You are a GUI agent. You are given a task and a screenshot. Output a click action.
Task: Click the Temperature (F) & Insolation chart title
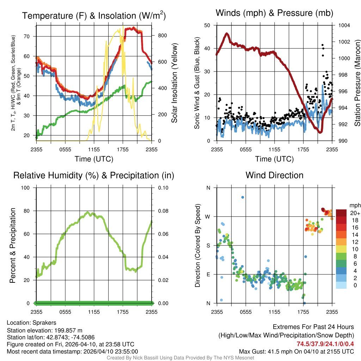[94, 16]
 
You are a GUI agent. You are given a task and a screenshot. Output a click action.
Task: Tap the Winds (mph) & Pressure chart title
[274, 13]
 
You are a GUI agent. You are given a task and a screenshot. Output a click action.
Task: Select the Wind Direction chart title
[274, 175]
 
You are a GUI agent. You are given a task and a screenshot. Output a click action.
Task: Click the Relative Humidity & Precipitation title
[94, 175]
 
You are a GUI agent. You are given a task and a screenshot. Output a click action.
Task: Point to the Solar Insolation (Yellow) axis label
[175, 83]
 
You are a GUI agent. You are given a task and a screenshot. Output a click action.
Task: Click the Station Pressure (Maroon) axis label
[357, 83]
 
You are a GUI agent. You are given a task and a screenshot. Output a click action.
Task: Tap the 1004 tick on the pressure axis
[344, 25]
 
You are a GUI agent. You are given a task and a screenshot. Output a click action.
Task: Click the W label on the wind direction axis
[208, 216]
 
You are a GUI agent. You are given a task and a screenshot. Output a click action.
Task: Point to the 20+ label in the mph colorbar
[354, 213]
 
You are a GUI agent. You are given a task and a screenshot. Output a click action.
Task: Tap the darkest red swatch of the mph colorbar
[341, 213]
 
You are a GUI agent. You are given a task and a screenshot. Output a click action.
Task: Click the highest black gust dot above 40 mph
[322, 45]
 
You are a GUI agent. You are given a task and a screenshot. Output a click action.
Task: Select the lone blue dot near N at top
[243, 197]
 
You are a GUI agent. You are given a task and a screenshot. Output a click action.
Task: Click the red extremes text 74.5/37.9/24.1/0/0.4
[325, 344]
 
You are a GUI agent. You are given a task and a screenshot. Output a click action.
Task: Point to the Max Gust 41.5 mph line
[296, 351]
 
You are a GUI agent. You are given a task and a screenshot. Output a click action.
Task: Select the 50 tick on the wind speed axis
[208, 25]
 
